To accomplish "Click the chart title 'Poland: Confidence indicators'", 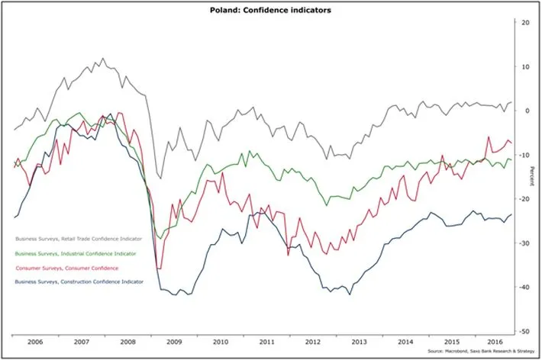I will pyautogui.click(x=271, y=10).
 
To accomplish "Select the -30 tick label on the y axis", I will pyautogui.click(x=527, y=243).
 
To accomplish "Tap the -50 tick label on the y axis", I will pyautogui.click(x=527, y=332).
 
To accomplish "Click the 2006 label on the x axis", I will pyautogui.click(x=35, y=343).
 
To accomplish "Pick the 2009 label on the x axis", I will pyautogui.click(x=175, y=343).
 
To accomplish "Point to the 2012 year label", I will pyautogui.click(x=314, y=343).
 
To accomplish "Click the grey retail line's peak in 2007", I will pyautogui.click(x=103, y=58).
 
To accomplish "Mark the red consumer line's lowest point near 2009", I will pyautogui.click(x=158, y=268).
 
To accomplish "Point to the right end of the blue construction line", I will pyautogui.click(x=511, y=215).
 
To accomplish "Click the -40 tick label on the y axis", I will pyautogui.click(x=527, y=288).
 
